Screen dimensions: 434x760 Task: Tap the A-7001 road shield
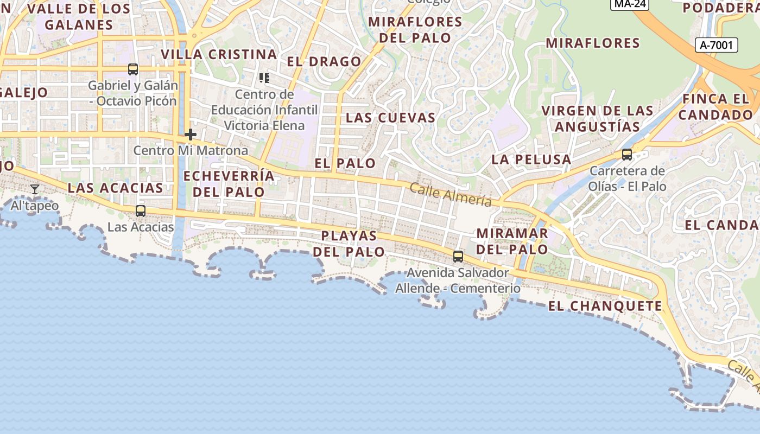coord(717,45)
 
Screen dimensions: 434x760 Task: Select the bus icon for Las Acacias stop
coord(141,211)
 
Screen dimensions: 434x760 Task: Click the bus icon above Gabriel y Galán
coord(133,69)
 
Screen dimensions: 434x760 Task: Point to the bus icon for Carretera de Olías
coord(627,155)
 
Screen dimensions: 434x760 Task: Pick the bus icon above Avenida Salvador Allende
coord(458,257)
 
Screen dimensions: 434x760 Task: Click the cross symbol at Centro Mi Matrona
coord(191,135)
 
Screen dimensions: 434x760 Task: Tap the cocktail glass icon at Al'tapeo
coord(35,189)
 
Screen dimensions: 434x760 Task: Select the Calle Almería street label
coord(451,195)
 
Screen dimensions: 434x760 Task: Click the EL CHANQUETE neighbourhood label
coord(605,306)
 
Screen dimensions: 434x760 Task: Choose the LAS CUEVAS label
coord(391,118)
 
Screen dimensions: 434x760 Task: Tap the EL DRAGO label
coord(324,62)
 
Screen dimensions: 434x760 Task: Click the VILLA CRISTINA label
coord(219,54)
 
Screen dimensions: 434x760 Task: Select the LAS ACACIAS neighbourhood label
coord(115,188)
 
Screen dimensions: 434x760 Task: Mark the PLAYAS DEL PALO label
coord(349,244)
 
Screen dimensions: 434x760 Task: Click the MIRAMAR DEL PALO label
coord(512,241)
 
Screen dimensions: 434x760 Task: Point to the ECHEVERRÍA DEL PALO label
coord(229,184)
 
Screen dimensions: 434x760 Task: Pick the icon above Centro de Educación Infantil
coord(264,78)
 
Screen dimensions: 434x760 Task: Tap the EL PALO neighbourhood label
coord(345,163)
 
